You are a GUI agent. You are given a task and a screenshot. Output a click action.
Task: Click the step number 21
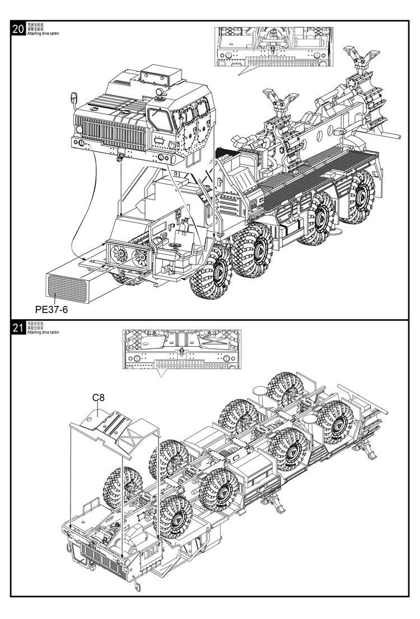point(18,328)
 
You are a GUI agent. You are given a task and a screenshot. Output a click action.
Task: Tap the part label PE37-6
point(51,309)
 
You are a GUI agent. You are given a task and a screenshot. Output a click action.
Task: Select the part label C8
point(99,398)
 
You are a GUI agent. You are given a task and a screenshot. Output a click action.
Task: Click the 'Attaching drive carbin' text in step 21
point(43,332)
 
